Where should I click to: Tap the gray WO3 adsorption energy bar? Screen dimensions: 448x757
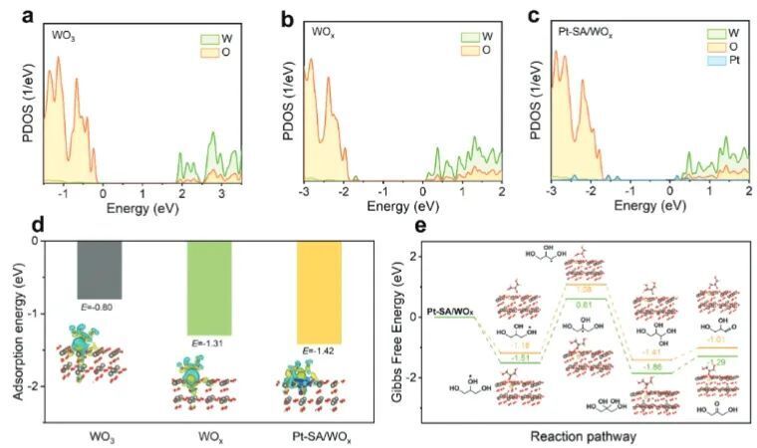[100, 269]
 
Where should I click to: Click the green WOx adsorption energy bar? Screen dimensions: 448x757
[210, 288]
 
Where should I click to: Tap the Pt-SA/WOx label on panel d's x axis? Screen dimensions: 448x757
[322, 434]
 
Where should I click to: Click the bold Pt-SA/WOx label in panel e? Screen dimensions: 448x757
[449, 314]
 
